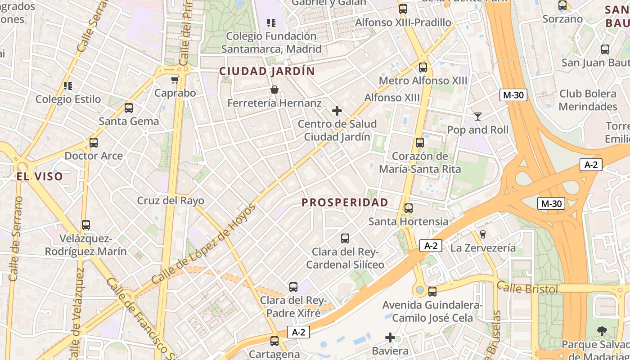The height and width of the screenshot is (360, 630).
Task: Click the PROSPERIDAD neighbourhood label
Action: coord(345,202)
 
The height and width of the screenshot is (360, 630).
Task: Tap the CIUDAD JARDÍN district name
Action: coord(267,71)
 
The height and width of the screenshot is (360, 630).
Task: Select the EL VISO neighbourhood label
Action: coord(40,176)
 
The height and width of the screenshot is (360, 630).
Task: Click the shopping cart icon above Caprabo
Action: coord(175,80)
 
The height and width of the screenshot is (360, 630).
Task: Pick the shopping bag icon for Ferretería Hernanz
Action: coord(274,90)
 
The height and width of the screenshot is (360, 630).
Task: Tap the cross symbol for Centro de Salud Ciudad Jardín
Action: coord(337,111)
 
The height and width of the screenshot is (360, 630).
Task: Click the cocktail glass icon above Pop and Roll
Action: coord(478,117)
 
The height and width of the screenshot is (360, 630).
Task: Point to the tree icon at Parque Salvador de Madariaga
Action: coord(602,332)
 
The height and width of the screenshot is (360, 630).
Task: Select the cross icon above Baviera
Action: coord(390,337)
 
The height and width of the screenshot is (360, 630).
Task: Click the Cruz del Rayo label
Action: coord(171,201)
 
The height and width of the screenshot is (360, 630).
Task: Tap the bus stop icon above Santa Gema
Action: coord(129,108)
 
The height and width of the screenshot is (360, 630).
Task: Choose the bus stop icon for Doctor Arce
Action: coord(94,143)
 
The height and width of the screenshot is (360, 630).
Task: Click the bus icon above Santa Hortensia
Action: coord(408,208)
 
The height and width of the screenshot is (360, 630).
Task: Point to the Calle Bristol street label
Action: coord(527,288)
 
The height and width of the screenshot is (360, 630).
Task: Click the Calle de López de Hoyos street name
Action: coord(203,245)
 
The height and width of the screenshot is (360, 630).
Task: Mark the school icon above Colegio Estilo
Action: coord(68,85)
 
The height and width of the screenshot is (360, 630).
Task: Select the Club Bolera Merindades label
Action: coord(588,100)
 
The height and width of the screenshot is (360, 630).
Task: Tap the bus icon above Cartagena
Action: coord(274,341)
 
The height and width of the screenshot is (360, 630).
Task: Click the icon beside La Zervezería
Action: coord(483,234)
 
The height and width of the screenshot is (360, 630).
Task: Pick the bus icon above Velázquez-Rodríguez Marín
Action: coord(86,225)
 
